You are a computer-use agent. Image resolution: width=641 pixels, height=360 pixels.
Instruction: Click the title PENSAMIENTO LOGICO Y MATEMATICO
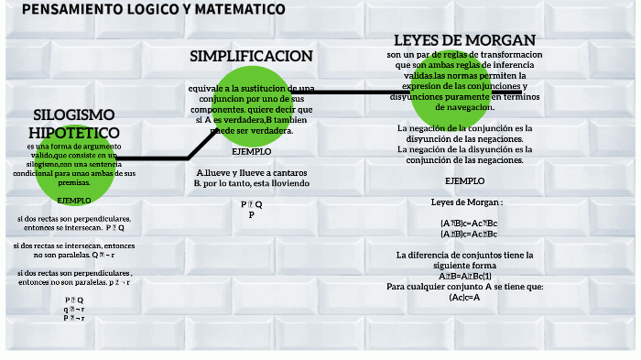pos(153,9)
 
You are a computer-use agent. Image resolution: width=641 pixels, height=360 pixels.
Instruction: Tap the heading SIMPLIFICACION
pos(251,56)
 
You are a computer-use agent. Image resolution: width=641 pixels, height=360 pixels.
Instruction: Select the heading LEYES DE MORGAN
pos(464,40)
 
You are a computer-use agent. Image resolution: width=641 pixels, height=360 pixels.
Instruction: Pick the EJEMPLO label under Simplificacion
pos(251,151)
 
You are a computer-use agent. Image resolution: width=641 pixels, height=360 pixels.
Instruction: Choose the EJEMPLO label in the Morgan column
pos(464,180)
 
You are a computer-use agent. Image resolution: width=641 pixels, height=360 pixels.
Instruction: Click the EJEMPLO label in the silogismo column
pos(74,200)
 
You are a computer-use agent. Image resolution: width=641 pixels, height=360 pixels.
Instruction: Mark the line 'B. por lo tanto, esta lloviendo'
pos(252,183)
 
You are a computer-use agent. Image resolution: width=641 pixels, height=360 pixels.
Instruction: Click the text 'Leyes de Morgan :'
pos(466,202)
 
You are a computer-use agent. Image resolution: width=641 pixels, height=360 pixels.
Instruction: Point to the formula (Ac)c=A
pos(464,297)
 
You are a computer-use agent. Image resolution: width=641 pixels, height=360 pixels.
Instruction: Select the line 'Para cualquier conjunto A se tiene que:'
pos(464,286)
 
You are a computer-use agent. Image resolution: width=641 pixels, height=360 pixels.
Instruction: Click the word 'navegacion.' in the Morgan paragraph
pos(464,108)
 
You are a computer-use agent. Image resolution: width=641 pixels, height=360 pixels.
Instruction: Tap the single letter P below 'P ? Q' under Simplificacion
pos(251,214)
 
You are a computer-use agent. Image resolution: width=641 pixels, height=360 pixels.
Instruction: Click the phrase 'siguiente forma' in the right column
pos(464,265)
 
